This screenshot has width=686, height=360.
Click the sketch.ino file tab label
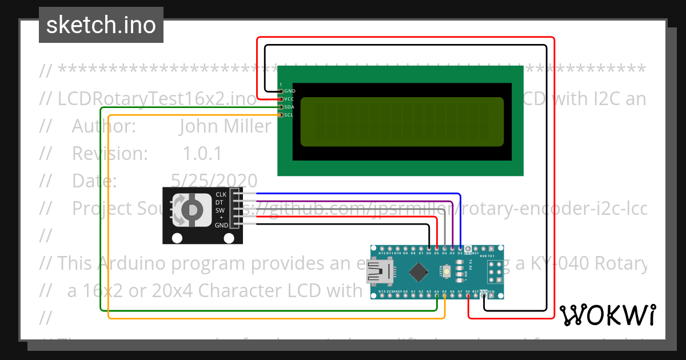(x=101, y=25)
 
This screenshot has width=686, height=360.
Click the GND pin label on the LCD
(x=290, y=91)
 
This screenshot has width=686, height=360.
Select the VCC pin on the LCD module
(x=281, y=99)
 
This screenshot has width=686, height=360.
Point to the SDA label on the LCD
(x=290, y=107)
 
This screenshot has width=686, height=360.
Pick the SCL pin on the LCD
(x=281, y=115)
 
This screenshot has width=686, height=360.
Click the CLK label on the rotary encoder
(x=221, y=195)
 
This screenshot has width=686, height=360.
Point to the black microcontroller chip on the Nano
(x=420, y=271)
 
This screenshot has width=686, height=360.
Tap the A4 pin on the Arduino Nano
(x=437, y=291)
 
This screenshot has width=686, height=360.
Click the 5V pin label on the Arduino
(x=468, y=291)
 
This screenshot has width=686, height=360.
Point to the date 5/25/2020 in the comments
(x=214, y=181)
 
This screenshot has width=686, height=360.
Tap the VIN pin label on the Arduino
(x=491, y=291)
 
